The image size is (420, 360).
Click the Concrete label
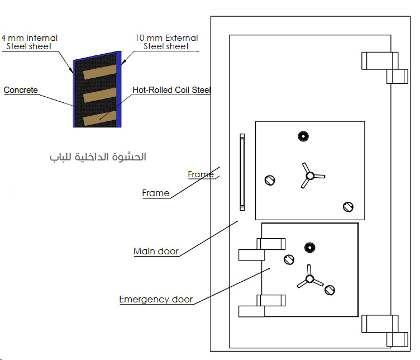[21, 90]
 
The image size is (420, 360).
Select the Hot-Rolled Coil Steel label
[171, 90]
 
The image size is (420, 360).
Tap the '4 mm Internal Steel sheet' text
[29, 42]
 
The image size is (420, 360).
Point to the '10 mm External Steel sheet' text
[166, 42]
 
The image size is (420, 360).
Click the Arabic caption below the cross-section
[98, 157]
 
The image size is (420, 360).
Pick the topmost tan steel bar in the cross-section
[100, 72]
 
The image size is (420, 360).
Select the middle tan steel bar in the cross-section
[100, 95]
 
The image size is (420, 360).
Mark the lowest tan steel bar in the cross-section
[100, 118]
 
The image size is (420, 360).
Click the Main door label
[156, 251]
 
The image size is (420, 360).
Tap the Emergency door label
[156, 299]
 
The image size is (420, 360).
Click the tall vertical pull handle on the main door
[242, 172]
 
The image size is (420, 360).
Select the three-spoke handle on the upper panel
[311, 176]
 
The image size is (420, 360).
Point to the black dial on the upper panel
[303, 136]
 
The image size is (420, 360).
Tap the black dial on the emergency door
[310, 248]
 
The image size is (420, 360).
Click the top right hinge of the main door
[385, 68]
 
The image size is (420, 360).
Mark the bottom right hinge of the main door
[385, 331]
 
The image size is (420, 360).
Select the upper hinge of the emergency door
[262, 249]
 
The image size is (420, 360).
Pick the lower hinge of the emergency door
[262, 306]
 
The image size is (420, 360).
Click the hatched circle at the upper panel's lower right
[348, 207]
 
